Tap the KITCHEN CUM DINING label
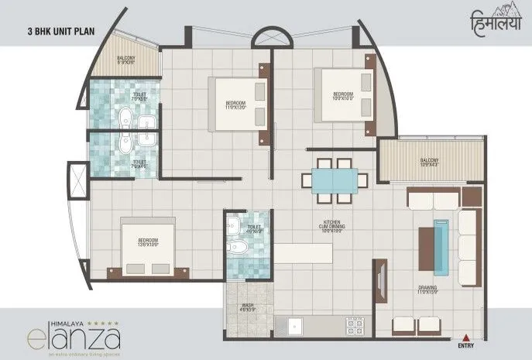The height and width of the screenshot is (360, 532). (334, 227)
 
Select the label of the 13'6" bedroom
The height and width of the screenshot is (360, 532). (147, 241)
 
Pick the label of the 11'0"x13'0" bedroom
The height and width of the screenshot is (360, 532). (235, 106)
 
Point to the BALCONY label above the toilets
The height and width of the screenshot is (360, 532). (126, 60)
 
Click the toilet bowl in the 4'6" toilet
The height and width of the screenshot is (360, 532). (241, 248)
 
